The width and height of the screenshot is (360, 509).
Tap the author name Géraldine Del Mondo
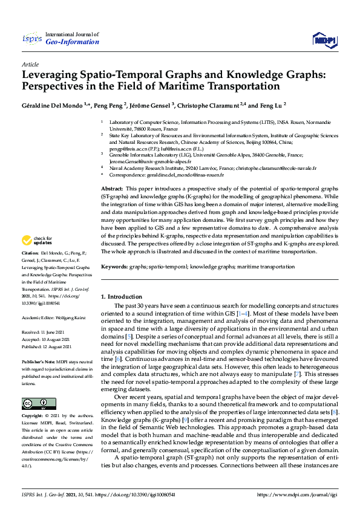pos(53,105)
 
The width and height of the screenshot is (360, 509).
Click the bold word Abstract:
pos(113,190)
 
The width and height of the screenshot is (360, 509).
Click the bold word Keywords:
pos(114,266)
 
